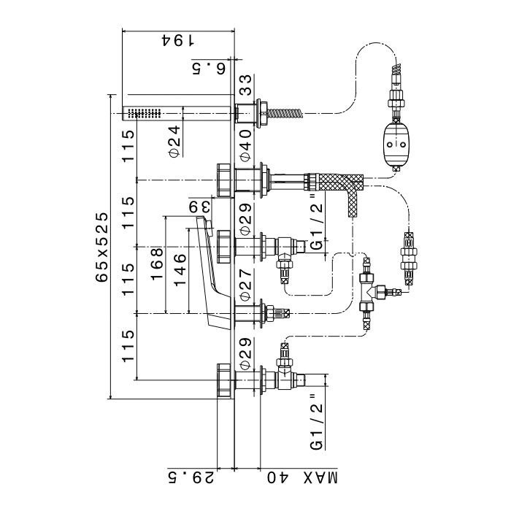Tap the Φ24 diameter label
[174, 141]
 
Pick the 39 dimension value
[201, 207]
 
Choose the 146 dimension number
[180, 268]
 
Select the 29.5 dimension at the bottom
[192, 478]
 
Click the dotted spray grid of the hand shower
[144, 113]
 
